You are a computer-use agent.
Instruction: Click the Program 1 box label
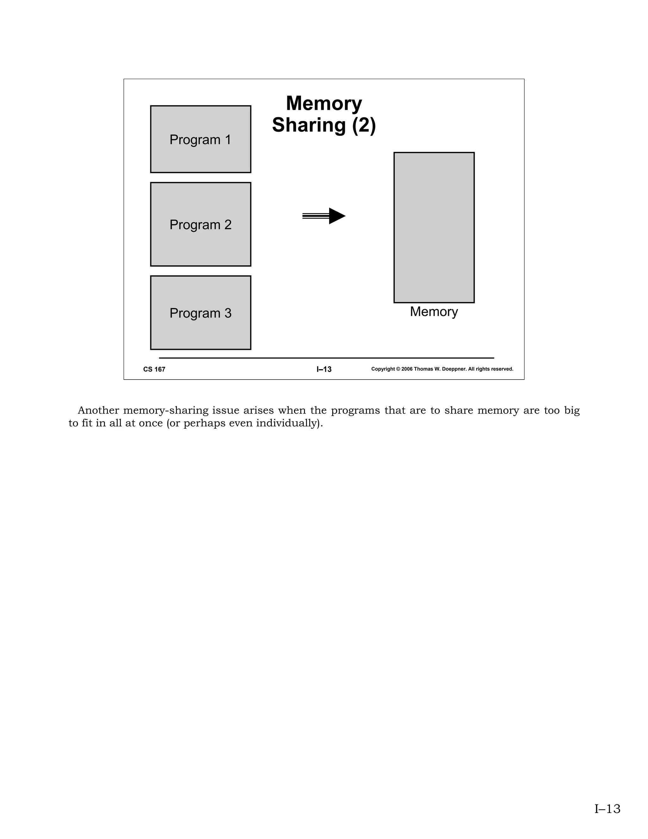point(200,139)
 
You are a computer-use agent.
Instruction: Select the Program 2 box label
point(200,225)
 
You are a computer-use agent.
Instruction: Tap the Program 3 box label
point(200,313)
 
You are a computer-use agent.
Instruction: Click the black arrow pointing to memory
point(324,216)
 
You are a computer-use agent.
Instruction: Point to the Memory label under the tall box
point(434,312)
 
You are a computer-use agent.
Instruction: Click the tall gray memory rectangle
point(434,227)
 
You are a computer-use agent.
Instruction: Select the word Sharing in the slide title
point(309,125)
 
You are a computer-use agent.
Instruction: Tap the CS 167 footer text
point(154,369)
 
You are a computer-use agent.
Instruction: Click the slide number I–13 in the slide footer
point(324,369)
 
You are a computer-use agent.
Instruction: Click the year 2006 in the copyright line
point(407,369)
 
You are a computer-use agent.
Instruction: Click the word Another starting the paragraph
point(98,410)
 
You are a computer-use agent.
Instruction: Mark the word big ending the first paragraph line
point(572,411)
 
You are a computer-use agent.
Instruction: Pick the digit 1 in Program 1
point(228,139)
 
